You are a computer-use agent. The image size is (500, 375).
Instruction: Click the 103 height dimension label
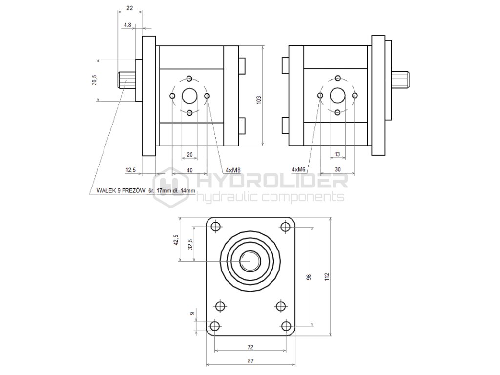pyautogui.click(x=259, y=100)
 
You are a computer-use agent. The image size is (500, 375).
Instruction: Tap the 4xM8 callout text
pyautogui.click(x=233, y=170)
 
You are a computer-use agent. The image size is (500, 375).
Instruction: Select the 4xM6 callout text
pyautogui.click(x=298, y=169)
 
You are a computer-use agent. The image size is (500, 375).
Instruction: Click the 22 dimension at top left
pyautogui.click(x=129, y=8)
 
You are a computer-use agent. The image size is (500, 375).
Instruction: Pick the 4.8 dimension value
pyautogui.click(x=127, y=24)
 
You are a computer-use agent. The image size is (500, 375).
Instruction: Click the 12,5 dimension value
pyautogui.click(x=130, y=170)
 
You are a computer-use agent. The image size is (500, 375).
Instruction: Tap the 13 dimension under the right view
pyautogui.click(x=337, y=154)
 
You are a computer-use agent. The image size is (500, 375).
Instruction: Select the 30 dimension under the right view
pyautogui.click(x=338, y=169)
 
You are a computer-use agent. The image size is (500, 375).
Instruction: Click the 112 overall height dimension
pyautogui.click(x=326, y=277)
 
